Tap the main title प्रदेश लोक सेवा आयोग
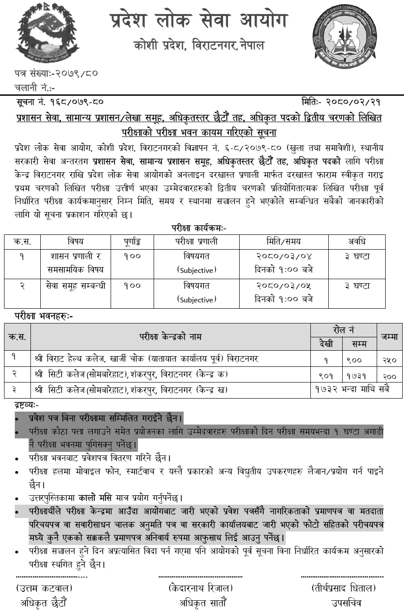[x=198, y=21]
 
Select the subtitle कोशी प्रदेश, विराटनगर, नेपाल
[x=199, y=45]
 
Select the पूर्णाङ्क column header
[x=132, y=242]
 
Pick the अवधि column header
[x=357, y=242]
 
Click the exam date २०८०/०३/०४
[x=284, y=256]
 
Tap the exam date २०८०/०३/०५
[x=284, y=286]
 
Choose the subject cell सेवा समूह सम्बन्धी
[x=76, y=286]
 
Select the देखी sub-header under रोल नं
[x=326, y=344]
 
